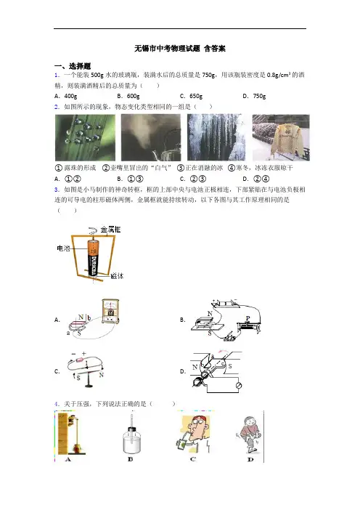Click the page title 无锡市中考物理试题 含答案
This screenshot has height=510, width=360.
(x=180, y=49)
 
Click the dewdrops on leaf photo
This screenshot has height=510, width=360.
(x=85, y=137)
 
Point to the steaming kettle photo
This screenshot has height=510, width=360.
(x=151, y=137)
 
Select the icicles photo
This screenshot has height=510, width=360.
(x=216, y=137)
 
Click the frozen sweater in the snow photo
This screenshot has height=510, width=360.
(x=281, y=137)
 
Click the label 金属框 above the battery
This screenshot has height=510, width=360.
(x=110, y=230)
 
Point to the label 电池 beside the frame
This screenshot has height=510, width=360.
(x=63, y=248)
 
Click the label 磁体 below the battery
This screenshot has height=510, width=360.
(x=117, y=276)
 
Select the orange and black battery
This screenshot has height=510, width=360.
(x=93, y=259)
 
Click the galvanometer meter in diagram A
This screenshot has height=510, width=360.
(x=110, y=311)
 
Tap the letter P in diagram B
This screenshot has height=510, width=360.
(x=248, y=318)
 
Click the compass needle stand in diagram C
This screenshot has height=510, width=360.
(x=89, y=376)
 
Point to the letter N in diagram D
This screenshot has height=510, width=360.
(x=195, y=367)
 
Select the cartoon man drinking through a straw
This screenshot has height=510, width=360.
(x=193, y=434)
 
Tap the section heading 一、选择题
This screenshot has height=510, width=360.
(x=73, y=66)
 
